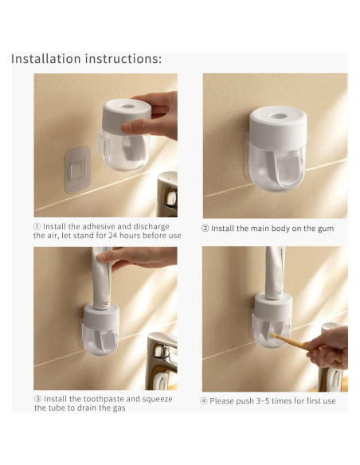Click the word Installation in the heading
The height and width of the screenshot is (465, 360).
tap(46, 59)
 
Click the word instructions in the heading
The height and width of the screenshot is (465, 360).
tap(123, 59)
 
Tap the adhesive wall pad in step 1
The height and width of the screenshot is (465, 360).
tap(77, 170)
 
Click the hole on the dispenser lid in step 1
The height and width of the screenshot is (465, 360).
tap(127, 107)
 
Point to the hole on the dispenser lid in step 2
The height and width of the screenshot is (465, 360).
tap(279, 116)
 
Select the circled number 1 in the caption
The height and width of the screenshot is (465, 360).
tap(37, 227)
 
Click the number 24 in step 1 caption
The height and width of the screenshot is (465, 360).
tap(112, 236)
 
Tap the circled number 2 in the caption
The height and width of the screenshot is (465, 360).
tap(205, 229)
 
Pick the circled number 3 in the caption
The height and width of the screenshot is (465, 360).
tap(37, 399)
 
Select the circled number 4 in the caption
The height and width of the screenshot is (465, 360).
tap(203, 401)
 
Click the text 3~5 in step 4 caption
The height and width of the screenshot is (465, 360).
tap(263, 401)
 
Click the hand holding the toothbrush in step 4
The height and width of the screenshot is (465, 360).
tap(327, 347)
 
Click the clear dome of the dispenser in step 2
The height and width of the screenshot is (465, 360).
tap(277, 167)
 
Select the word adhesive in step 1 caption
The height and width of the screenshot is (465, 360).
tap(99, 227)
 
